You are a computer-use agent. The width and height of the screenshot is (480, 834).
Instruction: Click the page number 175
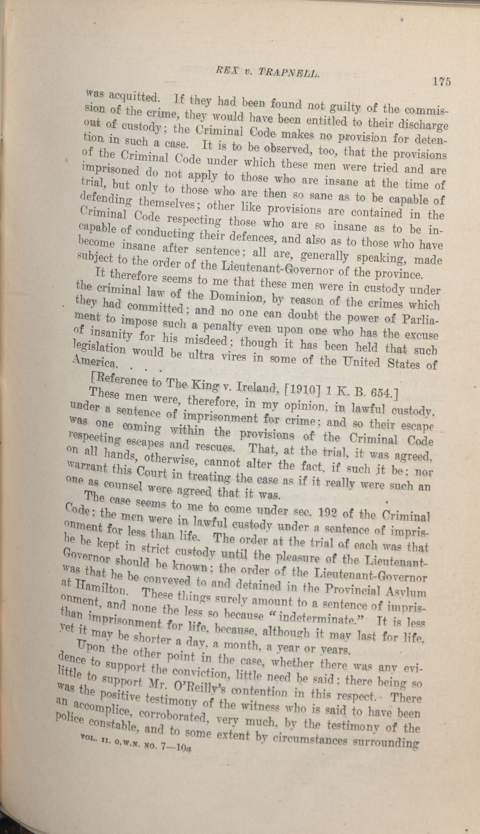(442, 81)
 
